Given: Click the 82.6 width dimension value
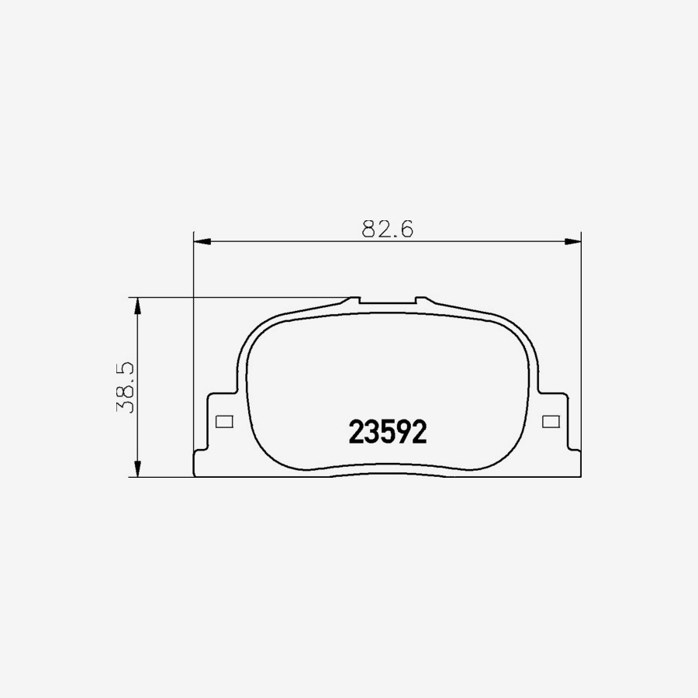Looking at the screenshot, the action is (x=388, y=229).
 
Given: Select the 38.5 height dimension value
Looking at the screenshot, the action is (x=126, y=387).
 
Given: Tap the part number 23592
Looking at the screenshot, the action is (x=388, y=432).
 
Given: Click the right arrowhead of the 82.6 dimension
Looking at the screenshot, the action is (x=573, y=242).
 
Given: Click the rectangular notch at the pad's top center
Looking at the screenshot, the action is (x=387, y=300).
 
